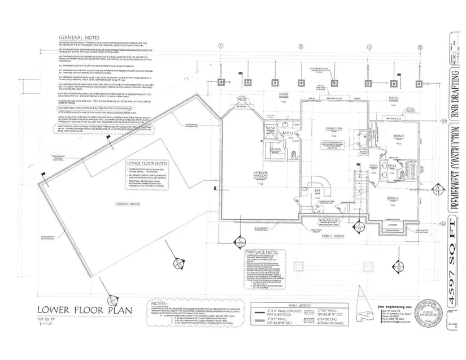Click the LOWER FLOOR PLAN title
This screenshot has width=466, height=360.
coord(69,309)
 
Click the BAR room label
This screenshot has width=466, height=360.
coord(310,191)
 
